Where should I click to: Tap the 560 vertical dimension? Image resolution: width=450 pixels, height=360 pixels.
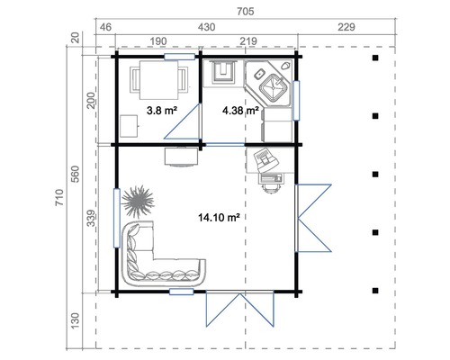[75, 171]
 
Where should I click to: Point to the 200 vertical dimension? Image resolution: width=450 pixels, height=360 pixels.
[91, 100]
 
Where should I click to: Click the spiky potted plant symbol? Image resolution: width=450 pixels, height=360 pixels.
[137, 200]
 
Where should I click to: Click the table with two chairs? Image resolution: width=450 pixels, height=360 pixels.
[157, 80]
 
